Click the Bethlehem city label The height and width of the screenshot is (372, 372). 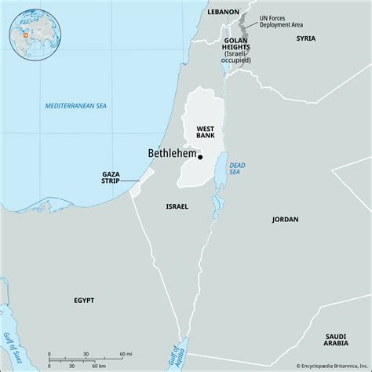[170, 153]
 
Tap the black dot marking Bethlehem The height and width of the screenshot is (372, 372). [199, 157]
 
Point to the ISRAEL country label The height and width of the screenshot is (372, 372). [177, 206]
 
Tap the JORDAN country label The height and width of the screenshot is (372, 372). [285, 220]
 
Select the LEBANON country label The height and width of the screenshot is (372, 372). [223, 13]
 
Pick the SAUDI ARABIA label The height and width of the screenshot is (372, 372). [337, 340]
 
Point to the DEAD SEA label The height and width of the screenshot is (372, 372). [237, 168]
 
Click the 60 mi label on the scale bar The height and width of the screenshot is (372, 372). [126, 355]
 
